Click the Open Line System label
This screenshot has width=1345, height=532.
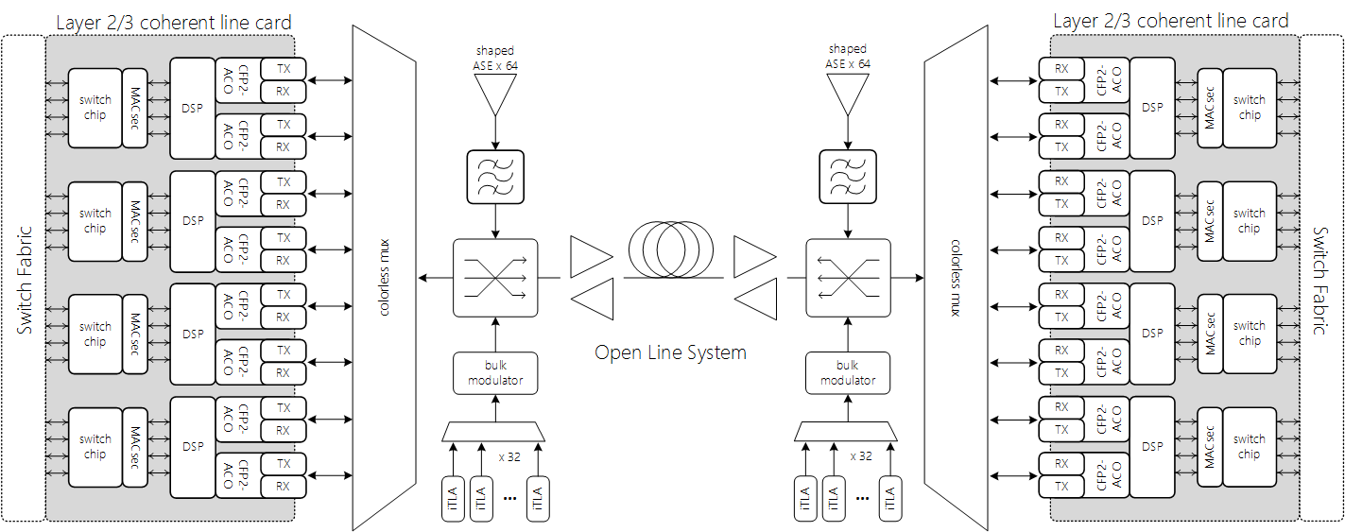[x=670, y=352]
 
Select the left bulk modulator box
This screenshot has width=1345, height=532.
[x=495, y=373]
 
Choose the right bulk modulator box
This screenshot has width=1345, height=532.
[x=848, y=373]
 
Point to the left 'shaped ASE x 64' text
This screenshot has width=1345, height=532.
[x=495, y=58]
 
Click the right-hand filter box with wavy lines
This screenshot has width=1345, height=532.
[x=848, y=178]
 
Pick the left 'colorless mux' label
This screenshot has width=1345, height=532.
[x=385, y=277]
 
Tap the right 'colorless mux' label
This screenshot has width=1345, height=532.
[x=956, y=277]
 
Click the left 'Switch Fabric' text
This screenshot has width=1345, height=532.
[x=26, y=280]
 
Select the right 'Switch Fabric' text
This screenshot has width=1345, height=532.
[x=1321, y=280]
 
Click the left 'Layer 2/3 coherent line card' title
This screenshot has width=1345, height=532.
[x=174, y=22]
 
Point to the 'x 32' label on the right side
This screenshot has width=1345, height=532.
[x=860, y=455]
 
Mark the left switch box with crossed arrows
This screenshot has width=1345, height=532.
[x=495, y=277]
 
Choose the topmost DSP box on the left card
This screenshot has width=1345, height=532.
[x=193, y=108]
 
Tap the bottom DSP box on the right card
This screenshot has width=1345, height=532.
[x=1152, y=447]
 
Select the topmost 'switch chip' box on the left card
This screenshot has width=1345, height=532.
[x=95, y=107]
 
